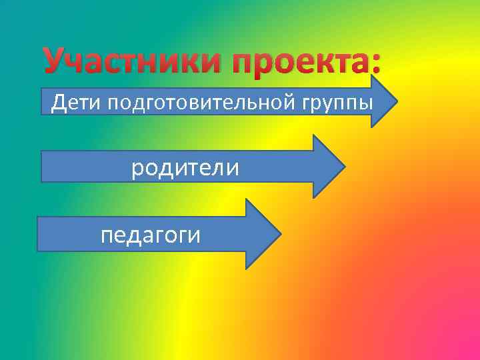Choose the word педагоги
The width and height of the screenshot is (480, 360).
click(150, 235)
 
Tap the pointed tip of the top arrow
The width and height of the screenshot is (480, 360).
click(397, 102)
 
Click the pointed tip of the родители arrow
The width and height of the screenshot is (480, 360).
click(345, 167)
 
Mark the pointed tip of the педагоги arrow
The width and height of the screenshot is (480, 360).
click(281, 233)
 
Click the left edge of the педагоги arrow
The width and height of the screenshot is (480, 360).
click(38, 233)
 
